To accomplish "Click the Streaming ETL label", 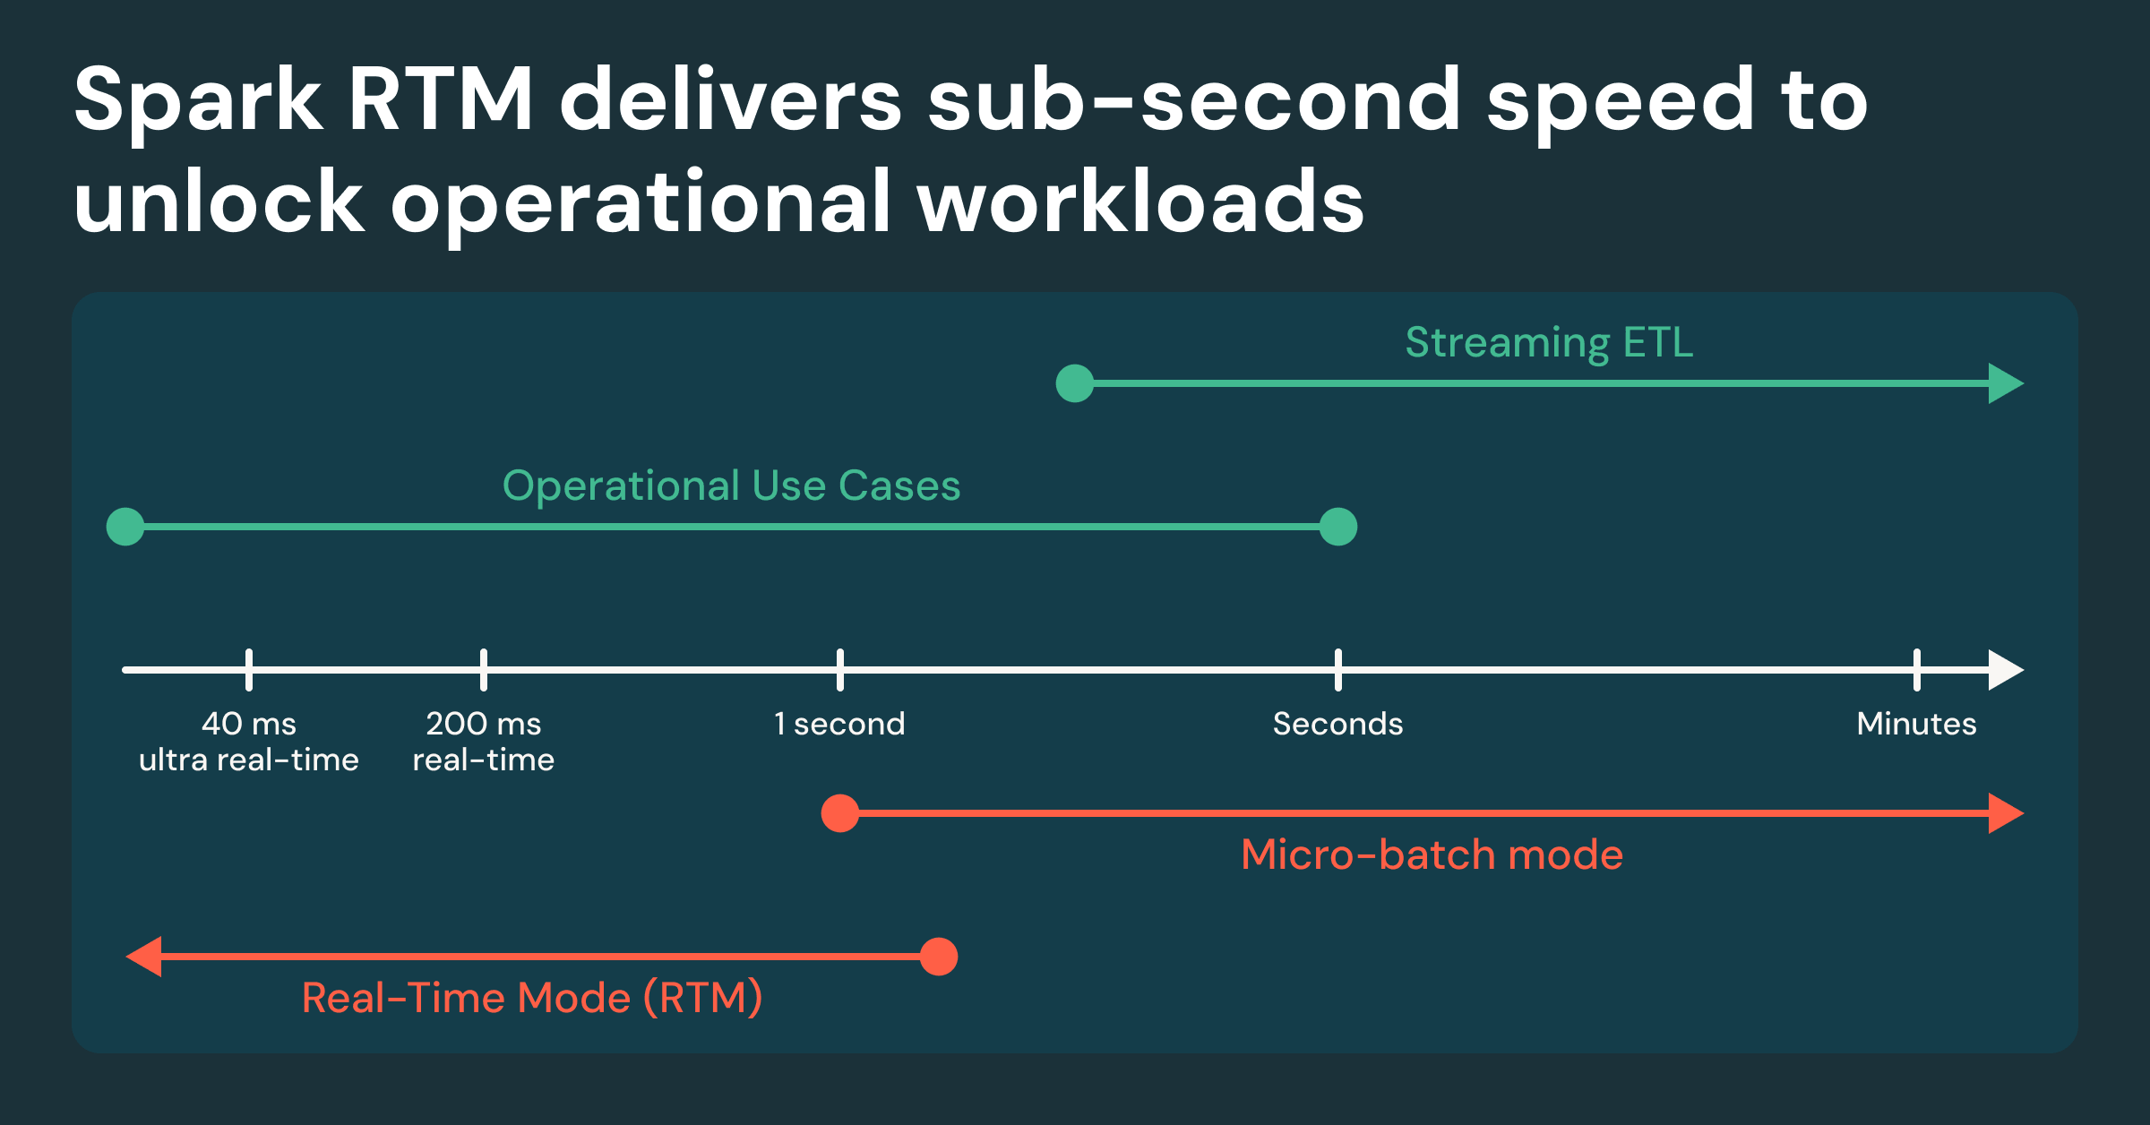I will pos(1549,343).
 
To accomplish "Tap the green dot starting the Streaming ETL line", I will pos(1075,383).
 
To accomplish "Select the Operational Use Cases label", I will pos(731,486).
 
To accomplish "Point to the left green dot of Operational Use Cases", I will pos(125,527).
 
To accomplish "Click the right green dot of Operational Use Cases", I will pos(1338,527).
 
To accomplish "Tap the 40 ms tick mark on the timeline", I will pos(249,670).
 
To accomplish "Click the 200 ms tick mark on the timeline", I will pos(484,670).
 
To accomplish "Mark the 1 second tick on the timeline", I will pos(840,670).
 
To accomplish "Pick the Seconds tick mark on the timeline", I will pos(1338,670).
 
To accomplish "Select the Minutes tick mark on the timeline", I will pos(1917,670).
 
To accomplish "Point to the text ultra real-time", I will pos(249,760).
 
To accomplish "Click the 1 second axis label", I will pos(839,724).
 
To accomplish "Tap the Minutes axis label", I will pos(1916,724).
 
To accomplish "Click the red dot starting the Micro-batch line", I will pos(840,813).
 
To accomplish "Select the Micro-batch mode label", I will pos(1432,854).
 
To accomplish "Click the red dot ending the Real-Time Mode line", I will pos(939,957).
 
